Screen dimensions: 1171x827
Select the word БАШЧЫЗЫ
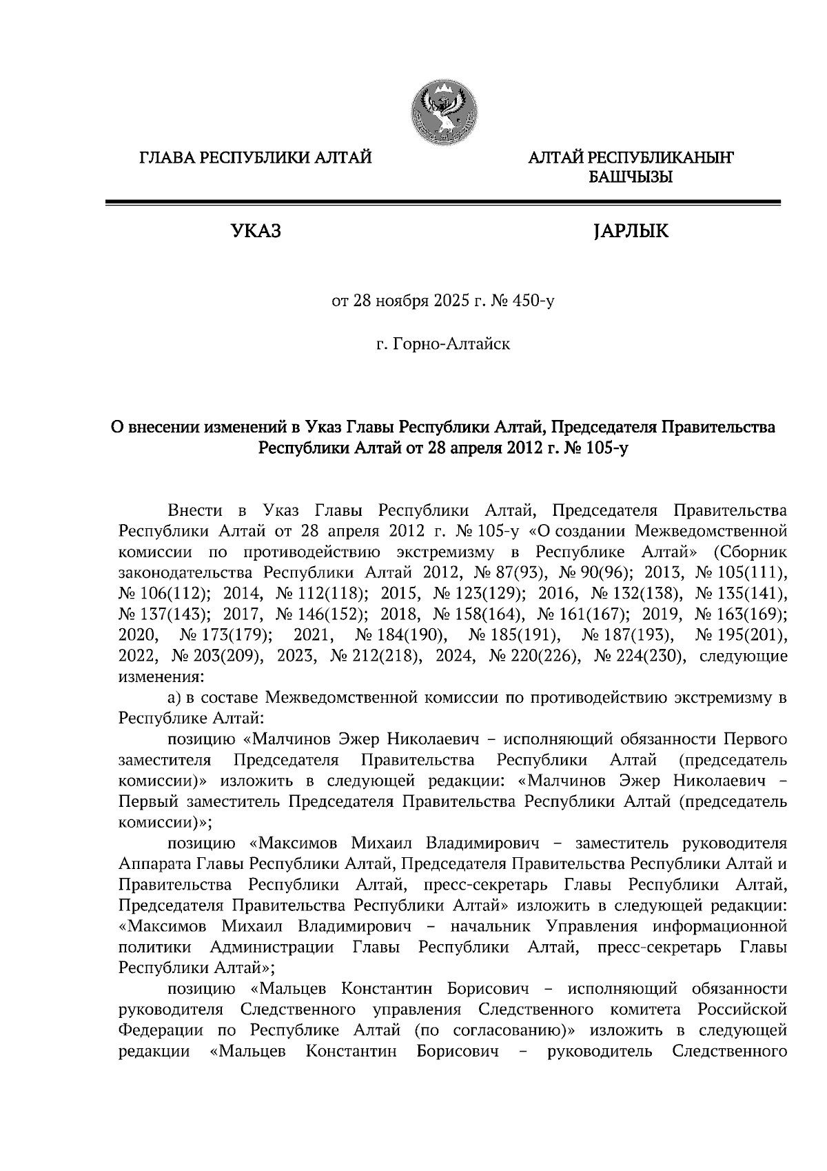click(x=630, y=178)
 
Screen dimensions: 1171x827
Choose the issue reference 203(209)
click(x=229, y=655)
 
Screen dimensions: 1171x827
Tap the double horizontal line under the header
click(x=442, y=203)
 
